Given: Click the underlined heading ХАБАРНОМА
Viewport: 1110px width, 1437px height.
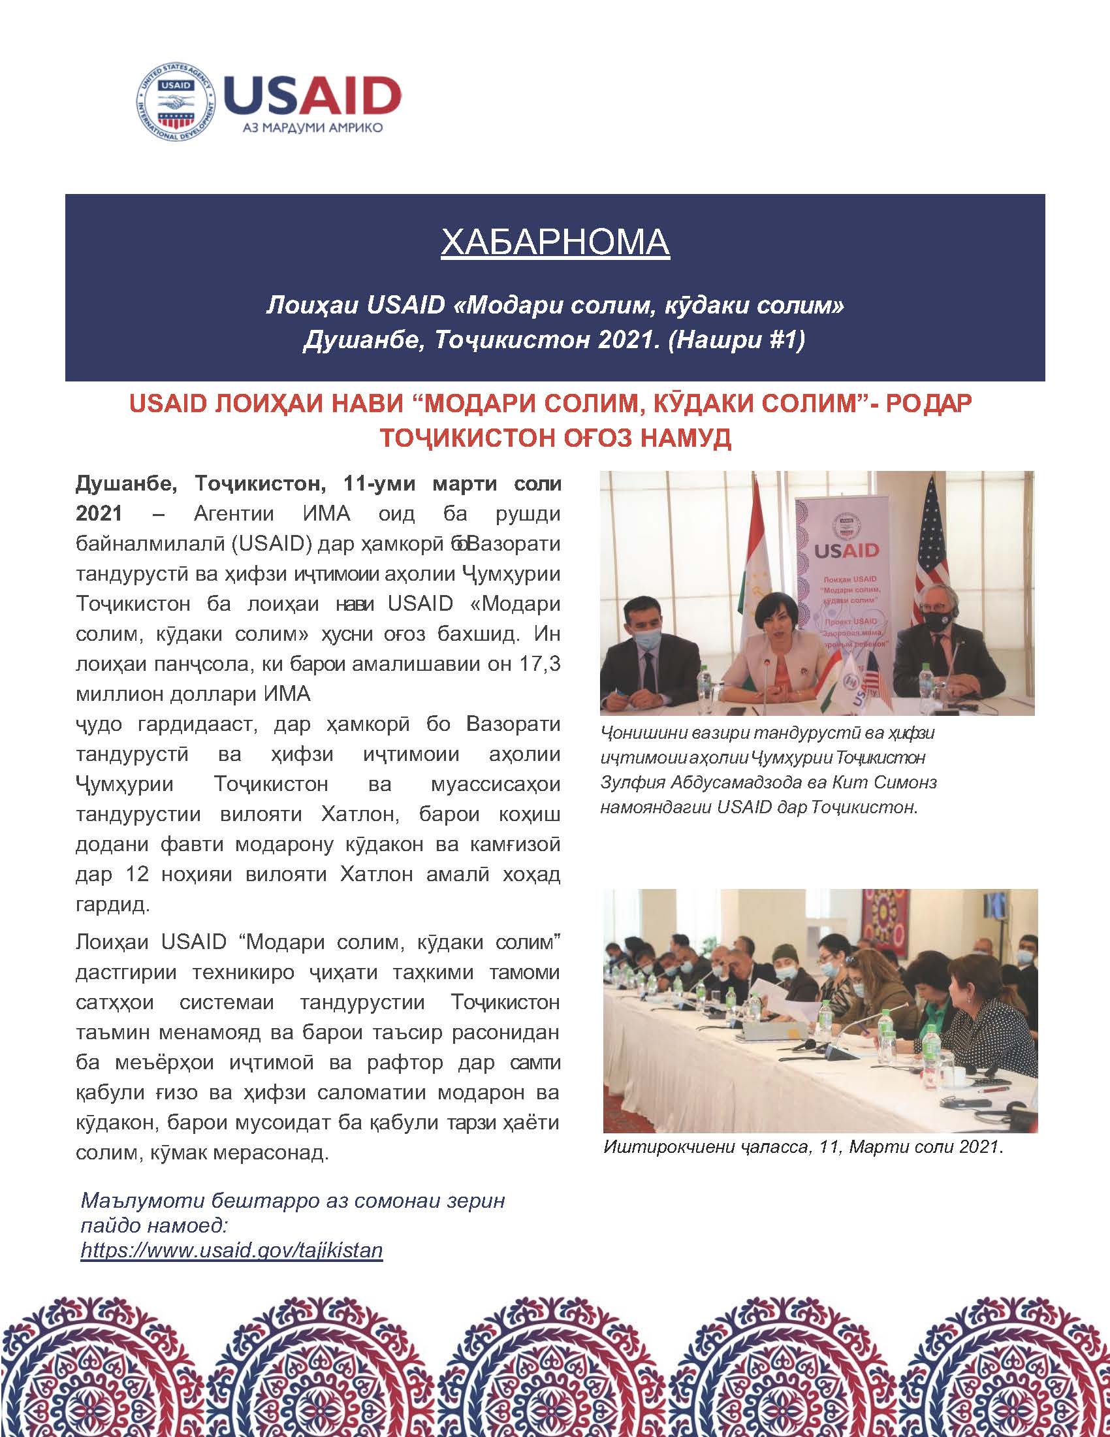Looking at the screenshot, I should (555, 242).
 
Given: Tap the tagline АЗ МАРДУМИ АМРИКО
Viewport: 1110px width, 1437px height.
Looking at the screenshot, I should (312, 128).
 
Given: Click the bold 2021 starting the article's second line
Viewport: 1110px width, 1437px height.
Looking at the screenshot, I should (99, 513).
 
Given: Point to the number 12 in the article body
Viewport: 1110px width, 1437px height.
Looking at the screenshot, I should (136, 874).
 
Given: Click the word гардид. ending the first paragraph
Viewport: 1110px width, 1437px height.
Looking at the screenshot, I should (112, 904).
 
